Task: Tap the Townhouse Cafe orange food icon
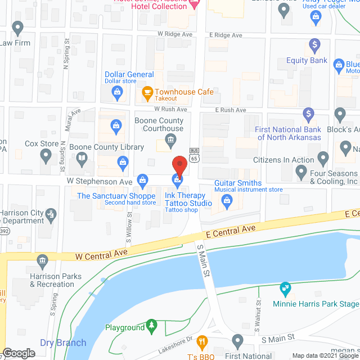point(148,92)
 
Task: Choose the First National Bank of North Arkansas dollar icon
point(308,114)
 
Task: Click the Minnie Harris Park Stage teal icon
point(286,289)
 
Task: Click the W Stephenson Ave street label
point(100,182)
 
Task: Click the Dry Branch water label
point(63,343)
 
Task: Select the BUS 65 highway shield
point(193,155)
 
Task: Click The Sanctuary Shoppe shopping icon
point(143,181)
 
